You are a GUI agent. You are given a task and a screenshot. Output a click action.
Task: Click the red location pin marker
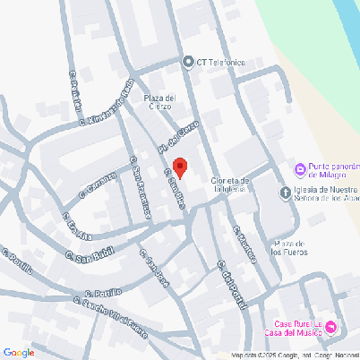point(179,167)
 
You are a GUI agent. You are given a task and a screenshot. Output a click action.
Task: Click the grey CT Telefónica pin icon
point(188,62)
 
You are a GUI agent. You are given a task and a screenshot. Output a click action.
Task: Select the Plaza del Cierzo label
point(158,102)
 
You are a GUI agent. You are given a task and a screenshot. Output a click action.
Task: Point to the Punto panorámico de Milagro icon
point(300,169)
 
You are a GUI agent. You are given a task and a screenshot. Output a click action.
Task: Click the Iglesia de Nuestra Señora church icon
point(285,193)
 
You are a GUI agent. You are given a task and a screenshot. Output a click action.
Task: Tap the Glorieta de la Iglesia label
point(243,184)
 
